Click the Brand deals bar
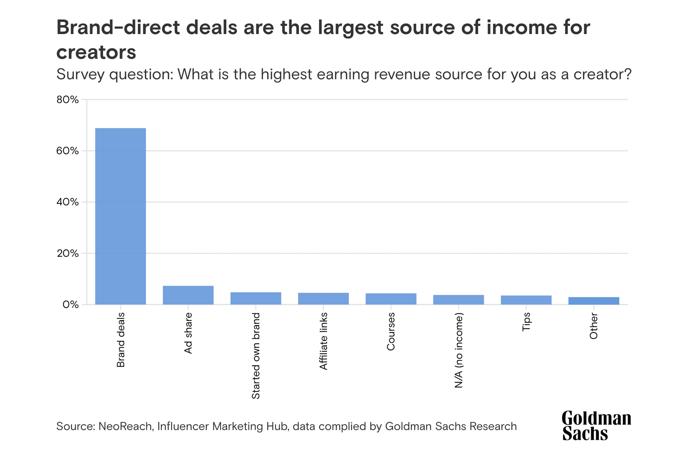click(x=120, y=216)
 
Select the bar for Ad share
click(x=188, y=295)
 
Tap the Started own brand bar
click(x=256, y=298)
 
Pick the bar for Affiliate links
click(x=323, y=299)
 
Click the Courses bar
click(x=391, y=299)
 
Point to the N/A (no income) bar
click(x=458, y=300)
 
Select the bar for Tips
click(x=526, y=300)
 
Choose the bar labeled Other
click(x=594, y=301)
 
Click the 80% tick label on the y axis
click(x=67, y=100)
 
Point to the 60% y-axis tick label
click(x=67, y=151)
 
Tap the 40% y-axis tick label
click(x=67, y=202)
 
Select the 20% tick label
click(x=67, y=253)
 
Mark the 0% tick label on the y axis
click(x=70, y=305)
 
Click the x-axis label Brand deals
click(x=121, y=340)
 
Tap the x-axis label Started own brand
click(x=256, y=356)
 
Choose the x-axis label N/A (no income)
click(x=459, y=350)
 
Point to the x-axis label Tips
click(x=526, y=322)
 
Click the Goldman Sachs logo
click(x=596, y=426)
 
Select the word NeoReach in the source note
click(x=125, y=426)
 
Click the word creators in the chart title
click(x=96, y=52)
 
